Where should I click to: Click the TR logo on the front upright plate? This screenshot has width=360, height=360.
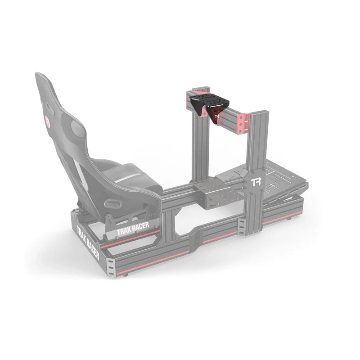tap(256, 182)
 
